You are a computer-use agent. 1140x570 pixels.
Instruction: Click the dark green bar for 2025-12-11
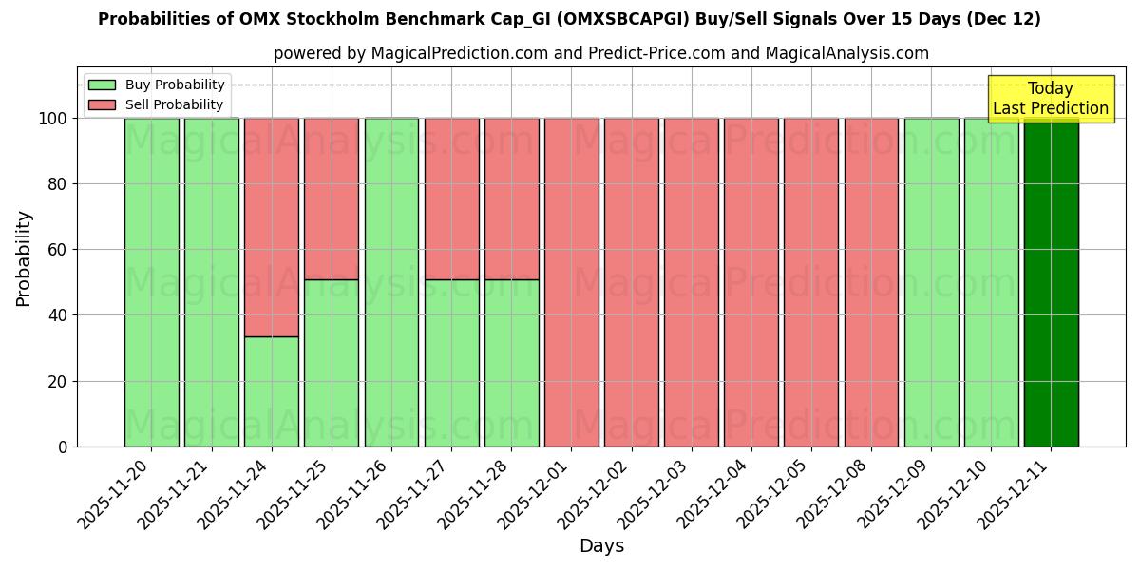[1051, 282]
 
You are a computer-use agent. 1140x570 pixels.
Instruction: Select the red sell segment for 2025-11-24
[272, 227]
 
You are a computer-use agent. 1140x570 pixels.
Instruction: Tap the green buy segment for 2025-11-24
[272, 391]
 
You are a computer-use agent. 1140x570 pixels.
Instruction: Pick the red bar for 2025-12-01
[571, 282]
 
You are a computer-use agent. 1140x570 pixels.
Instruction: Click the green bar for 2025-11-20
[152, 282]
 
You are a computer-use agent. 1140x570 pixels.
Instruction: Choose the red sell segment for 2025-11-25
[332, 199]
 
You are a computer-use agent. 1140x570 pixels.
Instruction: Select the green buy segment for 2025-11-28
[511, 363]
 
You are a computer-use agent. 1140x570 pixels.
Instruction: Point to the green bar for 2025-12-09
[931, 282]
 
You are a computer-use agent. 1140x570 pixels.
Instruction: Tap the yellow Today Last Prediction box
[1050, 99]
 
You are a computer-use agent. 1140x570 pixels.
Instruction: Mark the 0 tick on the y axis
[63, 446]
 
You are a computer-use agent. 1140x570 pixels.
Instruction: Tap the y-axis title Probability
[24, 258]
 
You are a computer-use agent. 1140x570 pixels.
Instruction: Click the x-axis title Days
[601, 546]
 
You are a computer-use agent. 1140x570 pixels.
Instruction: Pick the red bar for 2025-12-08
[871, 282]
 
